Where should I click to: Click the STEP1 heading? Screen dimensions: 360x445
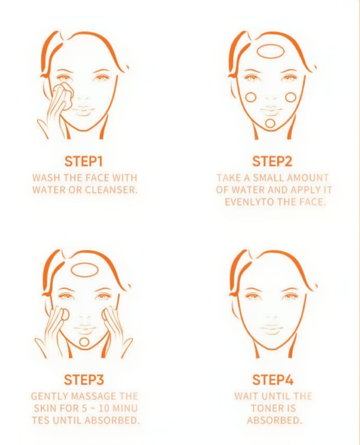[84, 161]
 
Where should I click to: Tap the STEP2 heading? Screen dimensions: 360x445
[272, 161]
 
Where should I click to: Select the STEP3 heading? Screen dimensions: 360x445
[84, 380]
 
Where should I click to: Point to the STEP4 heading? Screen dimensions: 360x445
[273, 380]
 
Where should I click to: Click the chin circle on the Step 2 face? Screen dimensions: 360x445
[270, 123]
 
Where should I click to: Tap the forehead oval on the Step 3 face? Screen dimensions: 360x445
[85, 269]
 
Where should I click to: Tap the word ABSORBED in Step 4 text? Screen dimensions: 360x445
[273, 420]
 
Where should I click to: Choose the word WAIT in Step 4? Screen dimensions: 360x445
[247, 396]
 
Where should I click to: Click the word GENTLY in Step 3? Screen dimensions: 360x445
[49, 396]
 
